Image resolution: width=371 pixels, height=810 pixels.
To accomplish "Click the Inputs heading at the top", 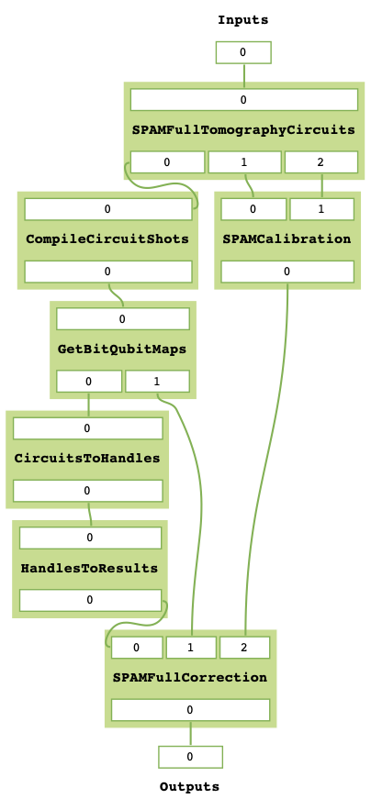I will (243, 19).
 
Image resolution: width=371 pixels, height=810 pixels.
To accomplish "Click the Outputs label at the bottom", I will (190, 786).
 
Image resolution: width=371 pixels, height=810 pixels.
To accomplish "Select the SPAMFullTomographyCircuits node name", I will (243, 130).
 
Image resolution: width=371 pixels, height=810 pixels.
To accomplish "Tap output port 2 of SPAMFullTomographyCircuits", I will (320, 162).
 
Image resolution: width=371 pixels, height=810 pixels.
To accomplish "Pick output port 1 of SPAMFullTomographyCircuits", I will (243, 162).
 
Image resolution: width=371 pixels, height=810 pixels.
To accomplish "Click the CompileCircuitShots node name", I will (107, 239).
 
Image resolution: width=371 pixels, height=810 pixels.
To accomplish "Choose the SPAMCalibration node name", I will (287, 239).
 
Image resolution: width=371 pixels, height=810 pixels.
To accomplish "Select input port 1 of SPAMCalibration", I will (321, 209).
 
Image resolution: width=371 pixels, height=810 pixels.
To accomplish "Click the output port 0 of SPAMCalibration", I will (287, 272).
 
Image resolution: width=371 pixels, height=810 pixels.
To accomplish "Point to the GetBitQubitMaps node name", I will (122, 350).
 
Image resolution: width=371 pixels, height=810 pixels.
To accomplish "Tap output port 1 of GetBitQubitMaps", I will (157, 382).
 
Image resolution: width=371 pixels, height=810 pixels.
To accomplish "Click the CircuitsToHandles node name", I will (87, 459).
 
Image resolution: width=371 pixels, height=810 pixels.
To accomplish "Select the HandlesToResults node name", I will (89, 569).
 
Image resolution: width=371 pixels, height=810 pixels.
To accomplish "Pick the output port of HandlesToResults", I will (90, 600).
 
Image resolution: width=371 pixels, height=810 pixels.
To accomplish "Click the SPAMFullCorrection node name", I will (190, 678).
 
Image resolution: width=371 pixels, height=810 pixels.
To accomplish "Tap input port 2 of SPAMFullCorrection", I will (244, 648).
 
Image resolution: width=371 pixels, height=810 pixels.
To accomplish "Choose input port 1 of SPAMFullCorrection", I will (191, 648).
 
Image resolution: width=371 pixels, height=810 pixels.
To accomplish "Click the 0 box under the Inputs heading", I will (243, 52).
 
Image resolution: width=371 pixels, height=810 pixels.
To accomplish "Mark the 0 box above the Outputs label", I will (190, 757).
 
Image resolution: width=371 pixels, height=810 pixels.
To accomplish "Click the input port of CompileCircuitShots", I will (107, 209).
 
